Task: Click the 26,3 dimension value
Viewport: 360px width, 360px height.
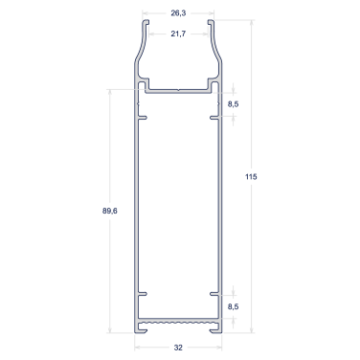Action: [x=178, y=13]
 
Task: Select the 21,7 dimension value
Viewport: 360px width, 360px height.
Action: [x=178, y=34]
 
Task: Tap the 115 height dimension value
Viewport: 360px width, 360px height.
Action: [x=251, y=176]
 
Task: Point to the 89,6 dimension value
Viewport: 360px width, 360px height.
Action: [x=110, y=211]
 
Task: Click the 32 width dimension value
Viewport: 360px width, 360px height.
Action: [x=178, y=348]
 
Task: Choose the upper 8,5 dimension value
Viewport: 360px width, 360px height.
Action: [x=234, y=104]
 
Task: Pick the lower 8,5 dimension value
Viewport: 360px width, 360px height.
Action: [x=234, y=306]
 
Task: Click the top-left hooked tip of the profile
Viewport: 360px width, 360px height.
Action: [x=146, y=22]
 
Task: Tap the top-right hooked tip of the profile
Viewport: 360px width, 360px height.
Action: [x=211, y=22]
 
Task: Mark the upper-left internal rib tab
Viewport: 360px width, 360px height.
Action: [x=143, y=118]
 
